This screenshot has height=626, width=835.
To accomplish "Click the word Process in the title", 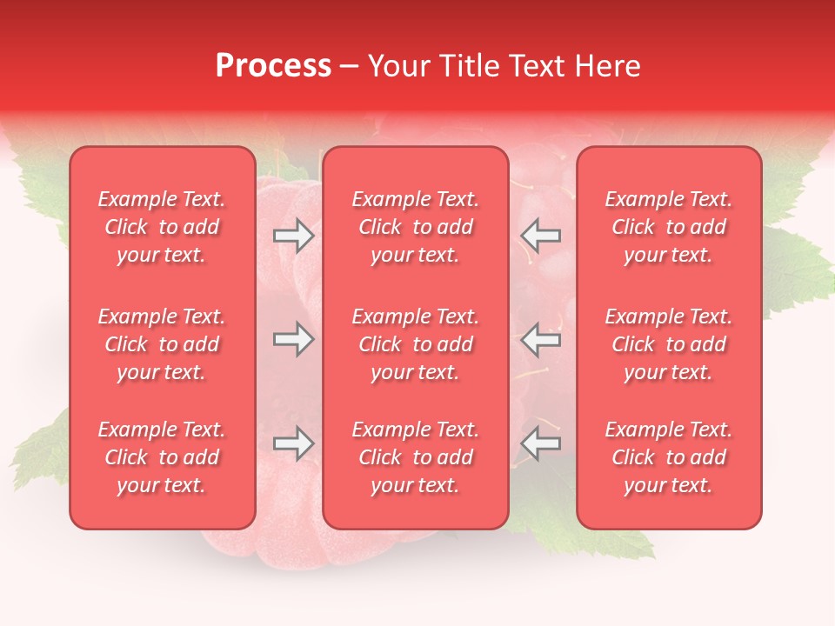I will [x=273, y=66].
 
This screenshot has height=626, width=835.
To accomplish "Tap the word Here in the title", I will [x=607, y=66].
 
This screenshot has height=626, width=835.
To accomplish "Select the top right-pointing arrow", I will [x=294, y=236].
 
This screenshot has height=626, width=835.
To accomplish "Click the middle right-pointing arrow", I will [x=294, y=340].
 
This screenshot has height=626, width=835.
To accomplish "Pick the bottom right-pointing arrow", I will [x=294, y=444].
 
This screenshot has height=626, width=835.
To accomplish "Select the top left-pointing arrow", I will [x=541, y=236].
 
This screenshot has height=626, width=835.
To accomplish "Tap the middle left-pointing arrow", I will [x=541, y=340].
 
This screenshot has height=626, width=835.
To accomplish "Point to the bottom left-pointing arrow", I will [x=541, y=444].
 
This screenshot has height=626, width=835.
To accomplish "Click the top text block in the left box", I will [x=162, y=227].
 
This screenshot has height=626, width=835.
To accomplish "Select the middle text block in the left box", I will [x=162, y=344].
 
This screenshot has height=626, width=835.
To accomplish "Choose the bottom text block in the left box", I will [x=162, y=457].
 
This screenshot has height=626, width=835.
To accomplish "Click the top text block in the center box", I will [x=416, y=227].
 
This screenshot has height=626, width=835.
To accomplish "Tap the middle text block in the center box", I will [x=416, y=344].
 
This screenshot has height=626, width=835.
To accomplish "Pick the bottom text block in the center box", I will [x=416, y=457].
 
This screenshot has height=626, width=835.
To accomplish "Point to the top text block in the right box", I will [x=669, y=227].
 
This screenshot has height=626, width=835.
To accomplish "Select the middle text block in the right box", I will [x=669, y=344].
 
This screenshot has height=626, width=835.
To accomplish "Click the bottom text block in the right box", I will [x=669, y=457].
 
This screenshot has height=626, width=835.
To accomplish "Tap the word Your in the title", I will [x=397, y=66].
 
